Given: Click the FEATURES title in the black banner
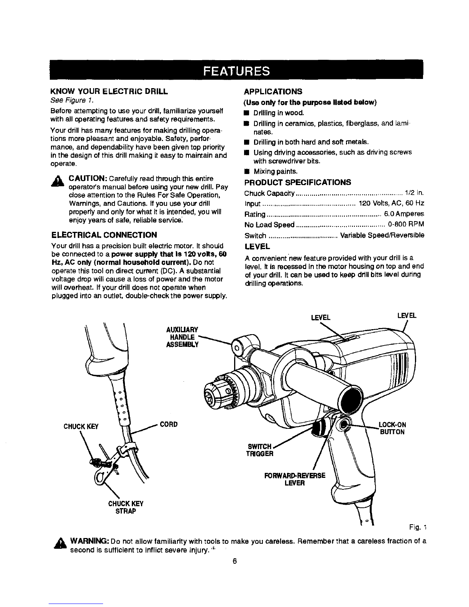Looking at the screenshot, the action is [x=236, y=71].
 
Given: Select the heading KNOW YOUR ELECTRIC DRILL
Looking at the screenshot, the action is [x=109, y=91].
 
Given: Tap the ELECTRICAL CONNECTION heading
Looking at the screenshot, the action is [x=104, y=235].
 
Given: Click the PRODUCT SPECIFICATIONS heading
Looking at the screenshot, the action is [x=297, y=182].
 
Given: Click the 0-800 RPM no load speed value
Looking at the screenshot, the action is [x=406, y=224].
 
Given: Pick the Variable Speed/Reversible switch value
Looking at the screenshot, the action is [x=382, y=235].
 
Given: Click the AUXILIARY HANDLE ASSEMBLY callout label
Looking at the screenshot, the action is [x=182, y=337].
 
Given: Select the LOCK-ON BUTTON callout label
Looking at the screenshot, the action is [x=392, y=428].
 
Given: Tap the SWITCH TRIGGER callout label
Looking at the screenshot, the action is [x=259, y=450].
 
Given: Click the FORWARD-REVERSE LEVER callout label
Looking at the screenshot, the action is [x=295, y=479].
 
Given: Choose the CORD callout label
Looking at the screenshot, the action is [x=169, y=425].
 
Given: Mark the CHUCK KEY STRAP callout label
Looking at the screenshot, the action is [x=126, y=507].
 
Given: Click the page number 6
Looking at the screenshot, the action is [x=235, y=561].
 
